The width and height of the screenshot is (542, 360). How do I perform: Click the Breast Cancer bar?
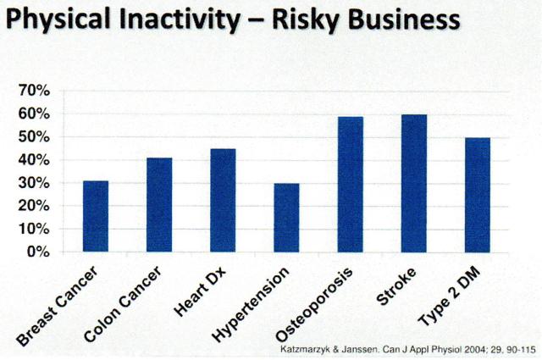click(96, 216)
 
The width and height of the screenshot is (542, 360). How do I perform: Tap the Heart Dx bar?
click(223, 200)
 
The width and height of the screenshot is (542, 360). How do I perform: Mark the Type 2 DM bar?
click(477, 195)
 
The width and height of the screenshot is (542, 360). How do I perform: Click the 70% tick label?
click(36, 90)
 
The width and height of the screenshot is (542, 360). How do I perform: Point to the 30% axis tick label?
click(36, 183)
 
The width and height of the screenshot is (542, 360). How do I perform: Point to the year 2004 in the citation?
click(478, 347)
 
